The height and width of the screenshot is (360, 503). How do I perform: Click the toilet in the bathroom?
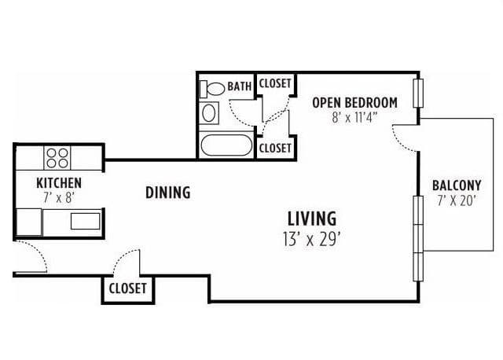[x=212, y=89]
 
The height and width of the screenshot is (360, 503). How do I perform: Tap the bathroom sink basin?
[x=209, y=113]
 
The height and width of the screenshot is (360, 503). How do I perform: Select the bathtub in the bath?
[x=226, y=145]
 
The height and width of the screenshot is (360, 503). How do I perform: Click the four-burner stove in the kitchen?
[x=57, y=158]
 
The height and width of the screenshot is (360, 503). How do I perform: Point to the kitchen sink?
[x=85, y=221]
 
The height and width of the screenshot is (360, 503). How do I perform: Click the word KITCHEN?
[x=59, y=183]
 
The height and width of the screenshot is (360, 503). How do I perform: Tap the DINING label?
[x=167, y=193]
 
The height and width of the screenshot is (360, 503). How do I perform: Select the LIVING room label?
[x=312, y=219]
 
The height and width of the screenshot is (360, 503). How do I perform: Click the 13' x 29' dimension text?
[x=311, y=239]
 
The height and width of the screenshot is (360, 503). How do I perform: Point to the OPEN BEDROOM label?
[x=354, y=103]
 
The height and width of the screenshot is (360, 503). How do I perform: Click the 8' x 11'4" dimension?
[x=354, y=118]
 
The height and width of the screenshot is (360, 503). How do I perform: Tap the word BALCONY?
[x=457, y=186]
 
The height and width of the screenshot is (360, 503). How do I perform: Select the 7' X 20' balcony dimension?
[x=456, y=201]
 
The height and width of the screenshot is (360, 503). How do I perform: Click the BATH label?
[x=239, y=86]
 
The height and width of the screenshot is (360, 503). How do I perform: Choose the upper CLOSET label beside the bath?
[x=275, y=83]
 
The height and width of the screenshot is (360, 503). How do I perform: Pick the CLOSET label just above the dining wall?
[x=275, y=149]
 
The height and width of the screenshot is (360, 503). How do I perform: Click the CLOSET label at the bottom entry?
[x=127, y=288]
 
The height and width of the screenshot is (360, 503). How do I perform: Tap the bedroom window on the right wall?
[x=418, y=93]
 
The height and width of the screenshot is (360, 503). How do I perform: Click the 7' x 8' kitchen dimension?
[x=59, y=197]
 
